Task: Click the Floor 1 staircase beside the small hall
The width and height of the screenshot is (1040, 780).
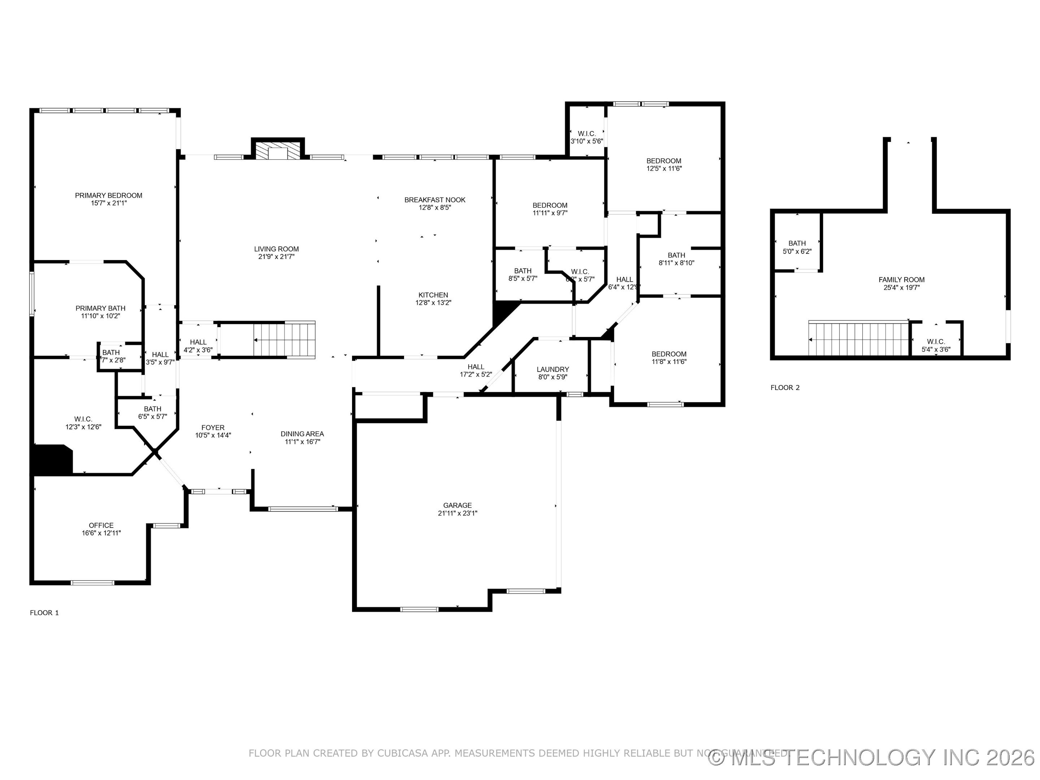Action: point(284,340)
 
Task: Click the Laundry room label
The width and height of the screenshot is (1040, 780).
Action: point(553,369)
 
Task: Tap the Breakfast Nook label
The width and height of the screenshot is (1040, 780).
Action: point(435,200)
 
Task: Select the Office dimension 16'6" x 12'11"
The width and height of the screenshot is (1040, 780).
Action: point(101,533)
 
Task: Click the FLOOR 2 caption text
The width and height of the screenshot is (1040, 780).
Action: point(785,388)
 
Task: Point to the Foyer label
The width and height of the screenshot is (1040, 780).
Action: point(213,428)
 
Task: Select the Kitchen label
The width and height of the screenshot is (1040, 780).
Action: point(433,295)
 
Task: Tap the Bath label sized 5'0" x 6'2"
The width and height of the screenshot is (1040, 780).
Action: point(797,243)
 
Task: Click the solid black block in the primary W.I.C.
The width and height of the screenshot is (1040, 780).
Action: point(52,459)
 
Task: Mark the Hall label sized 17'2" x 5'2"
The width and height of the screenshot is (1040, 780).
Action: point(476,367)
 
